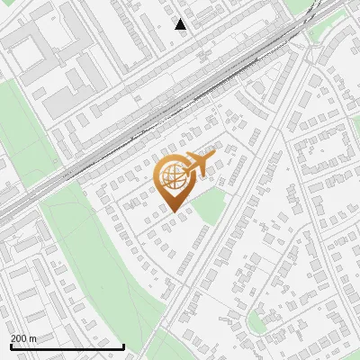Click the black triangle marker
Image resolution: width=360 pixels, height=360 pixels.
(x=181, y=24)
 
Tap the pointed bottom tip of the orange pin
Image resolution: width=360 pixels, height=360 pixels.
(x=175, y=211)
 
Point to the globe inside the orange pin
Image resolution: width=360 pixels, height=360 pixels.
(x=173, y=176)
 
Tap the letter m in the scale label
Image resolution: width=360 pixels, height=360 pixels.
(x=33, y=338)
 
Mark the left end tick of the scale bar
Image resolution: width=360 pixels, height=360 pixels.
(x=10, y=346)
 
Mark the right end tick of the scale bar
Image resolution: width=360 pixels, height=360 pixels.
(x=123, y=346)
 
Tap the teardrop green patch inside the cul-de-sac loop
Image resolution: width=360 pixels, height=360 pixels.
(x=258, y=319)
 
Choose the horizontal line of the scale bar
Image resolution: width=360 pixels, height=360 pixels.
(x=67, y=346)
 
